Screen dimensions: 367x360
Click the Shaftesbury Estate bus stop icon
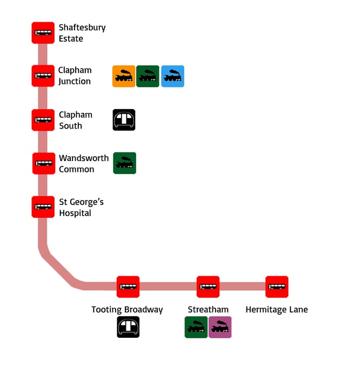[43, 33]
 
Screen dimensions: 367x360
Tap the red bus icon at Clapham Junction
[43, 76]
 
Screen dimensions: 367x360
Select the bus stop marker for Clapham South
[43, 120]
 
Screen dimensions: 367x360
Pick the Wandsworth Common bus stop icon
[43, 163]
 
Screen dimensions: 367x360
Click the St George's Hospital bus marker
[43, 207]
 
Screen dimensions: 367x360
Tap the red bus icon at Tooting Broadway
[128, 287]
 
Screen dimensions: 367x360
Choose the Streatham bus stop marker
[208, 287]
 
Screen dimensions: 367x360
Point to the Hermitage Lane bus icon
[277, 287]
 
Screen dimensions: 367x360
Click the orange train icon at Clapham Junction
[124, 76]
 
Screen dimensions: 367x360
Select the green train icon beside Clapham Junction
[148, 76]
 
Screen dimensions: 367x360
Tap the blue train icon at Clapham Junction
[172, 76]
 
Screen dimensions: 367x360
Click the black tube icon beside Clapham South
[124, 120]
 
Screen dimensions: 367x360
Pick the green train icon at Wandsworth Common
[124, 163]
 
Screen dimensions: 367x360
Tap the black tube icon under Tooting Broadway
[128, 327]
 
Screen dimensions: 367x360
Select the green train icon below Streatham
[196, 327]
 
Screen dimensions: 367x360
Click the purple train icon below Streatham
[220, 327]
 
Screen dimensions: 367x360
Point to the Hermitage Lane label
[277, 310]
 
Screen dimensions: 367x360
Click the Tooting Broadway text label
[127, 310]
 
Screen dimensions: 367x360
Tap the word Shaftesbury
[82, 28]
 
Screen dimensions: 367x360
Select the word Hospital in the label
[75, 213]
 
